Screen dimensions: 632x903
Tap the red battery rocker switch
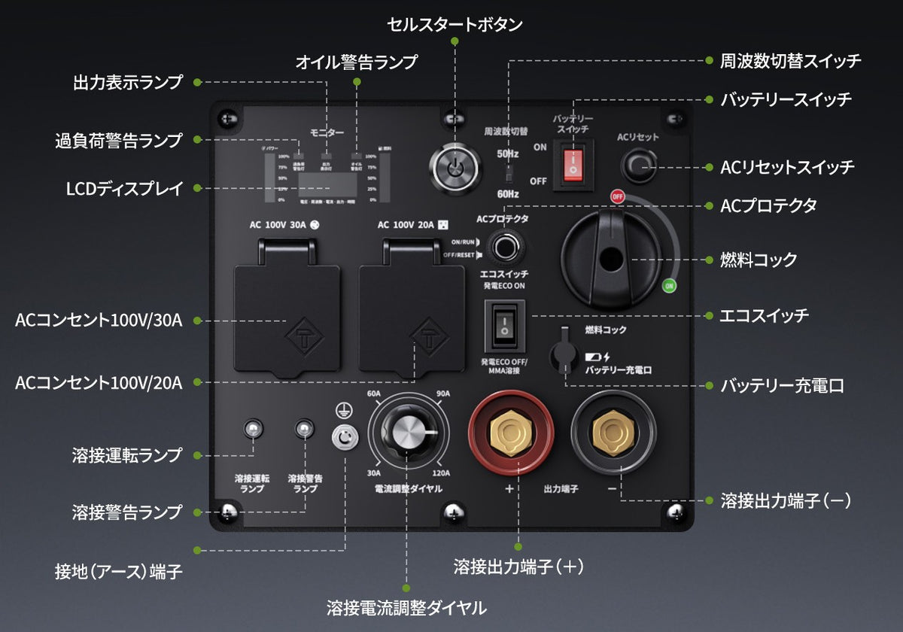pyautogui.click(x=573, y=163)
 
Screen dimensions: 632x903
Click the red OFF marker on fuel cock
pyautogui.click(x=618, y=196)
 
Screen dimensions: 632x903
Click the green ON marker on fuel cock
pyautogui.click(x=668, y=285)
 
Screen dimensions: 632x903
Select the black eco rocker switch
pyautogui.click(x=504, y=326)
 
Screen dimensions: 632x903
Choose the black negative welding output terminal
pyautogui.click(x=613, y=431)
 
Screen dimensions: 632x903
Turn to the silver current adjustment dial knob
pyautogui.click(x=407, y=436)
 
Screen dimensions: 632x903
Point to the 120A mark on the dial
pyautogui.click(x=441, y=473)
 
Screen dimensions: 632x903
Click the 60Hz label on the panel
pyautogui.click(x=507, y=194)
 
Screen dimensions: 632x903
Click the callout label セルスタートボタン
pyautogui.click(x=455, y=24)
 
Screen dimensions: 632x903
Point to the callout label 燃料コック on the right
pyautogui.click(x=759, y=260)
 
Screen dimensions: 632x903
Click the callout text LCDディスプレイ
pyautogui.click(x=124, y=189)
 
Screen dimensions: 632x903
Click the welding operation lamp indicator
pyautogui.click(x=253, y=430)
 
